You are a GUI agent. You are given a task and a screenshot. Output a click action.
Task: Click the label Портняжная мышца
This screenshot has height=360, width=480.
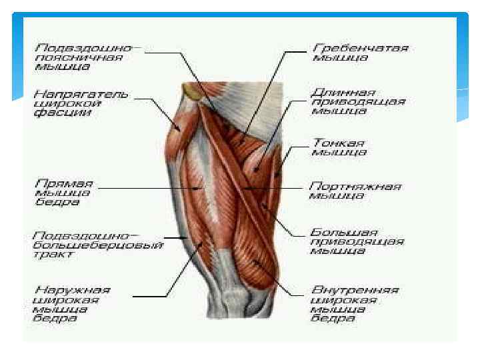(x=354, y=191)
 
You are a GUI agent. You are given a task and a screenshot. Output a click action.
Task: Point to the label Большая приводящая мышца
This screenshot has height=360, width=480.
(x=357, y=241)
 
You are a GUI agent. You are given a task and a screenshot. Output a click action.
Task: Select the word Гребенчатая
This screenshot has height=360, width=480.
(x=360, y=49)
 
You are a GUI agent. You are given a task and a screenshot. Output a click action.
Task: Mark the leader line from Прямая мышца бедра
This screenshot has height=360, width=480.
(x=147, y=189)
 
